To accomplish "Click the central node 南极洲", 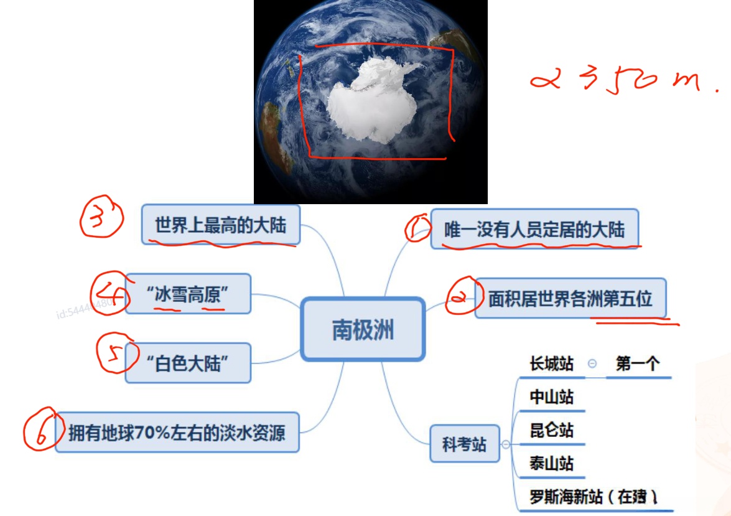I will pyautogui.click(x=363, y=329).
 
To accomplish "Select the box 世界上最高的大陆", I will pyautogui.click(x=221, y=225).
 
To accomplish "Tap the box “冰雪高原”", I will pyautogui.click(x=188, y=293).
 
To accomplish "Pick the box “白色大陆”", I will pyautogui.click(x=188, y=363).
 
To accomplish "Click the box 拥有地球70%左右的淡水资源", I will pyautogui.click(x=177, y=431).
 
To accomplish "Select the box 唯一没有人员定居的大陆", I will pyautogui.click(x=534, y=229).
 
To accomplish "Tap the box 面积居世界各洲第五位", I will pyautogui.click(x=570, y=299).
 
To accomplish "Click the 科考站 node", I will pyautogui.click(x=464, y=444).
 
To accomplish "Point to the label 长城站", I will pyautogui.click(x=551, y=364).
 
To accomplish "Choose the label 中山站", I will pyautogui.click(x=551, y=397).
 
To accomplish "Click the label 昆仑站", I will pyautogui.click(x=551, y=430).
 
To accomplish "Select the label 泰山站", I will pyautogui.click(x=551, y=464).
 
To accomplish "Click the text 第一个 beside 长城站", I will pyautogui.click(x=637, y=364).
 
